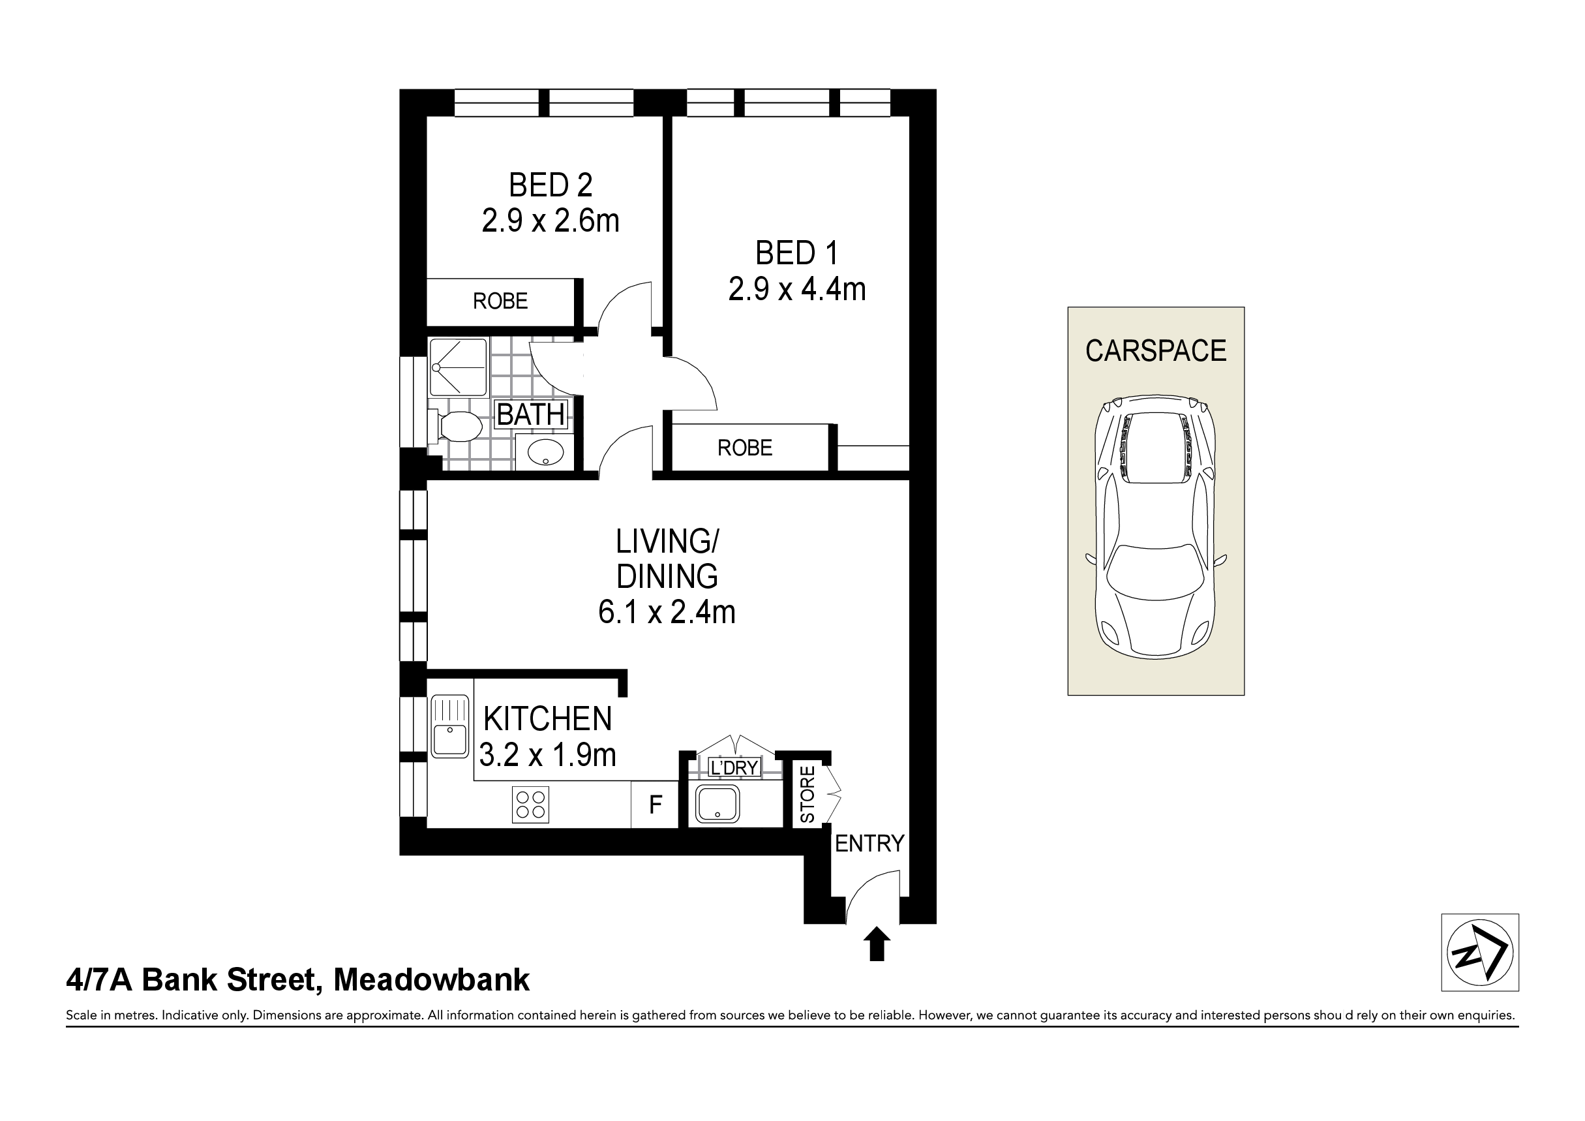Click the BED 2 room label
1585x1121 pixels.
(x=551, y=185)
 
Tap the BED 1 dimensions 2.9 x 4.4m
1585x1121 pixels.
(x=796, y=288)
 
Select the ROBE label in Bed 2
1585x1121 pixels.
(x=500, y=301)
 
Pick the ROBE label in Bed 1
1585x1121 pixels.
(x=745, y=448)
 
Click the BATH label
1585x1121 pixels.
(x=531, y=414)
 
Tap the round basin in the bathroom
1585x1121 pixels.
(x=546, y=452)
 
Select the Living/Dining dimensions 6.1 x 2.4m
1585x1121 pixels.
(x=667, y=612)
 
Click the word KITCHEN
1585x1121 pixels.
(x=547, y=719)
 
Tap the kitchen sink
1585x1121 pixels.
(x=449, y=726)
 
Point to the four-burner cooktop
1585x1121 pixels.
(x=530, y=805)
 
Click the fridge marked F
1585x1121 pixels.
(x=656, y=804)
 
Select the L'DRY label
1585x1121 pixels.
(x=734, y=767)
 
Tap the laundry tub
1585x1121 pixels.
(x=718, y=805)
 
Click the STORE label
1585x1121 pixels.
(x=807, y=794)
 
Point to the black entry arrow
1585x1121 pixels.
(x=877, y=944)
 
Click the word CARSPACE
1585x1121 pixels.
(x=1156, y=351)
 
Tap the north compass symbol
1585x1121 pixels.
(x=1480, y=953)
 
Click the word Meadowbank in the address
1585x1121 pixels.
(x=432, y=979)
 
